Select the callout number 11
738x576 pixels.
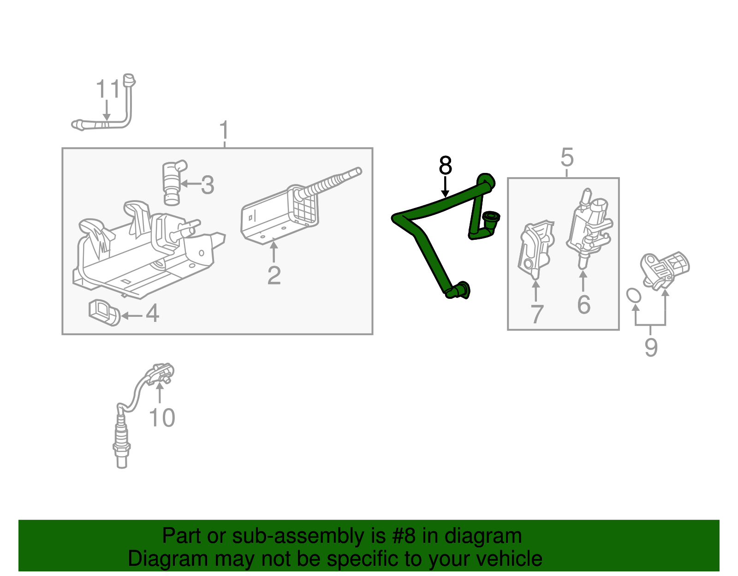point(108,89)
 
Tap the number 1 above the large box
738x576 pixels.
point(223,130)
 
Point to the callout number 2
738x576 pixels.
point(274,275)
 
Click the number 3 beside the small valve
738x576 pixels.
point(208,185)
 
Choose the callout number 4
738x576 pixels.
point(153,313)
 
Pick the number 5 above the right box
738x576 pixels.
point(567,157)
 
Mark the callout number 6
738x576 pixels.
point(584,304)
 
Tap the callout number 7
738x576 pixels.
point(537,314)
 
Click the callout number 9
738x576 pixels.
point(651,347)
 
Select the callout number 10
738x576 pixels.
point(162,417)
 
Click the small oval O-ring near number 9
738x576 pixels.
point(634,295)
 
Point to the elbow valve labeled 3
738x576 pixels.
point(174,183)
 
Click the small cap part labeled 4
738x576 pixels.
point(104,313)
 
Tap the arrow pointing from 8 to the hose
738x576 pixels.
point(445,187)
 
